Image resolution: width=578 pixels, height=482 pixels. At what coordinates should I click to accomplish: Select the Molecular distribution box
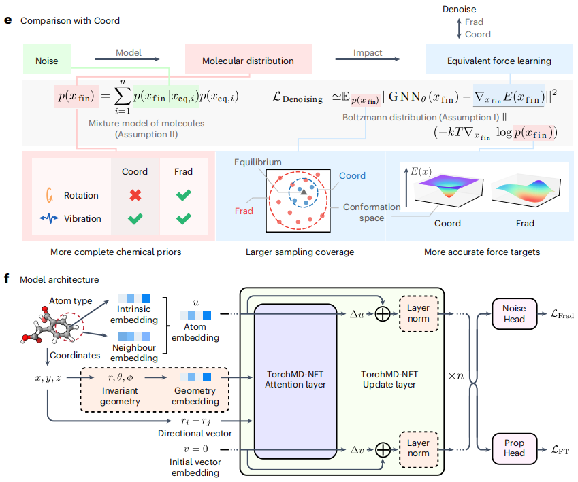click(248, 61)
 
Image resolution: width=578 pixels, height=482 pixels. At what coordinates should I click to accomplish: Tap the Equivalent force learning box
click(499, 61)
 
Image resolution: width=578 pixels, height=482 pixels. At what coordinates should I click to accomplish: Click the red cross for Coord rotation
click(135, 195)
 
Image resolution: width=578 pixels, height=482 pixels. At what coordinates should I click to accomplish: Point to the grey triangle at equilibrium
click(303, 194)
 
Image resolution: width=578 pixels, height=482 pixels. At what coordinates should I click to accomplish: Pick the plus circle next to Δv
click(383, 449)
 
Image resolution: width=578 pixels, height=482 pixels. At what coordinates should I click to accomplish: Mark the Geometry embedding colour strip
click(195, 377)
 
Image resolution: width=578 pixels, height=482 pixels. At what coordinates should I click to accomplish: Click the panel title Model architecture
click(59, 279)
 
